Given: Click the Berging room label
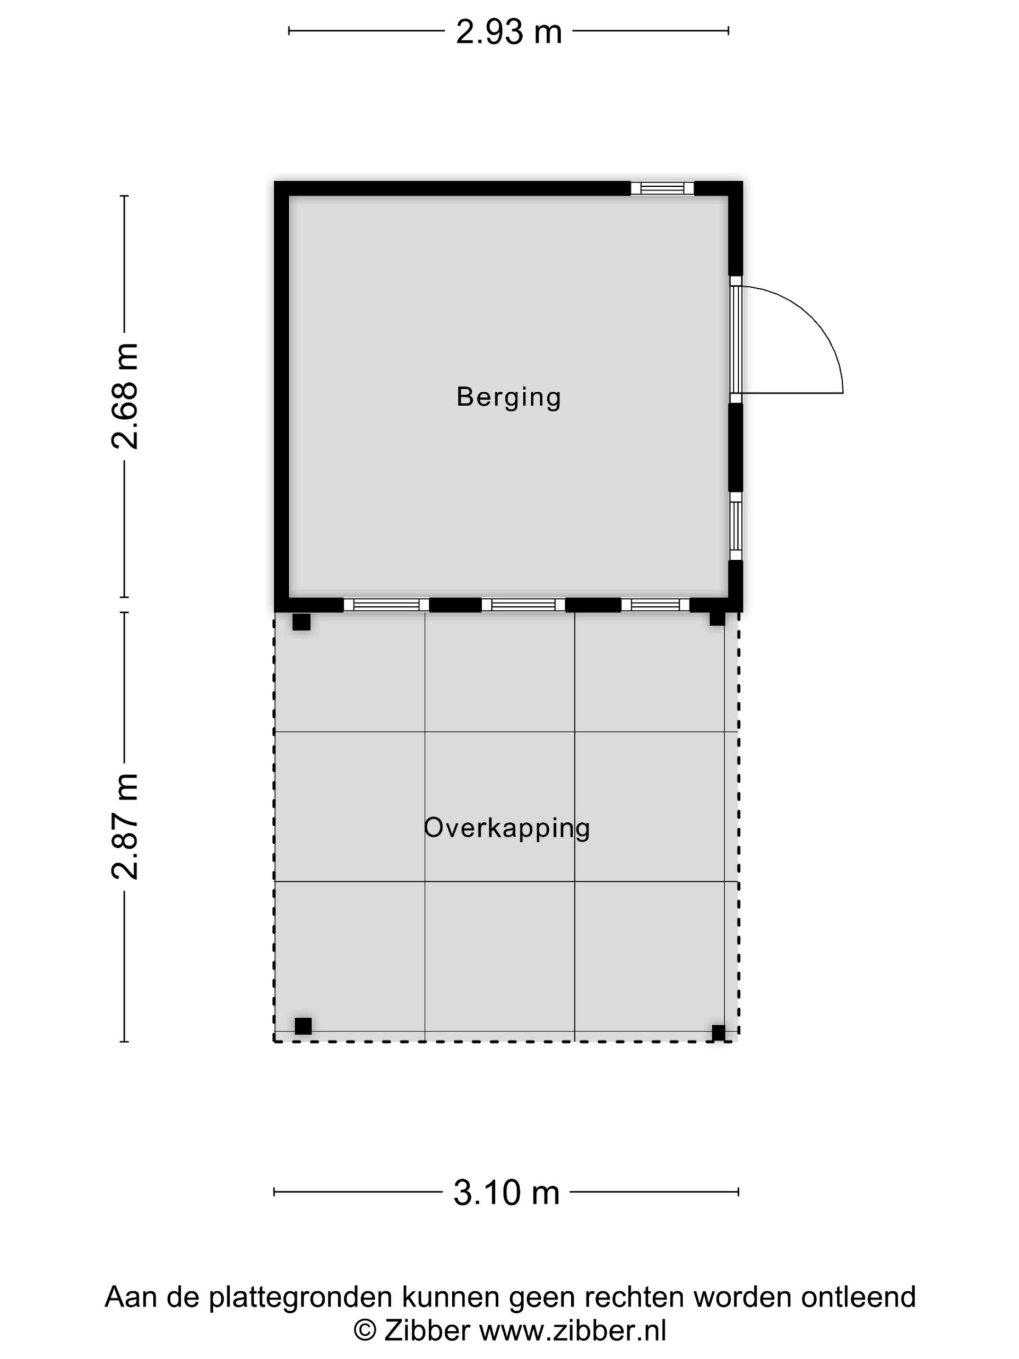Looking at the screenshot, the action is pos(508,398).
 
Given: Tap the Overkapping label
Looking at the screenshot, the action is pos(507,828).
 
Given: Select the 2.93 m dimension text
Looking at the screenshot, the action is pos(508,32).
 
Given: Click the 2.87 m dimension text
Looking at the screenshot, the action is pos(125,827).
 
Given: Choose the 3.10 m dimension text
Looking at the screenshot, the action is pos(507,1192).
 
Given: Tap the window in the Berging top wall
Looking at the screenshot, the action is pos(662,188).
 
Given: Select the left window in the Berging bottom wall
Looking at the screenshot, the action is pos(386,605).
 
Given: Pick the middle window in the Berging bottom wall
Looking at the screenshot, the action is pos(523,605).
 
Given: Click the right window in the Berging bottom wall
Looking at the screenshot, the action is pos(655,605).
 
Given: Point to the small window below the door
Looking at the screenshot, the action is pos(735,526).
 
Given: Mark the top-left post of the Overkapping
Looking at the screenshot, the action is pos(301,622).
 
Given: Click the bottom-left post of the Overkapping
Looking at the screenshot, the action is pos(303,1026).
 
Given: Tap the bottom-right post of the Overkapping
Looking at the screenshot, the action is pos(718,1033).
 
